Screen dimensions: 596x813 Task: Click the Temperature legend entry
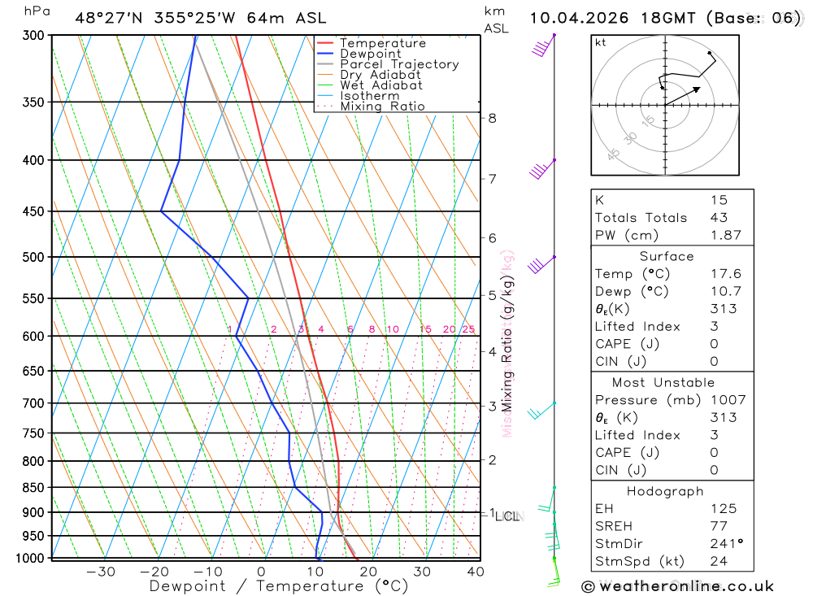(x=382, y=43)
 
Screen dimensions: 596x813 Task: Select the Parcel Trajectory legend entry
(x=399, y=64)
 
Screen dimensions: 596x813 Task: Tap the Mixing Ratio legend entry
(x=382, y=107)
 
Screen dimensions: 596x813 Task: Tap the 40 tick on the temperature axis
(x=476, y=572)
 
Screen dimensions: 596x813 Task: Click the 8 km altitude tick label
(x=492, y=118)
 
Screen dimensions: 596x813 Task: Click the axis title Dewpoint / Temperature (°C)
(x=279, y=586)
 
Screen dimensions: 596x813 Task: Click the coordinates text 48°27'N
(x=111, y=18)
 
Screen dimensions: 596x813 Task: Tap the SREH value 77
(x=719, y=526)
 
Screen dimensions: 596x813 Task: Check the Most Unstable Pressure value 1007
(x=725, y=400)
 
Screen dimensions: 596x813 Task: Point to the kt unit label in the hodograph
(x=601, y=43)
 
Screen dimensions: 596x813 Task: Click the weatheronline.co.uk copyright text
(x=677, y=586)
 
